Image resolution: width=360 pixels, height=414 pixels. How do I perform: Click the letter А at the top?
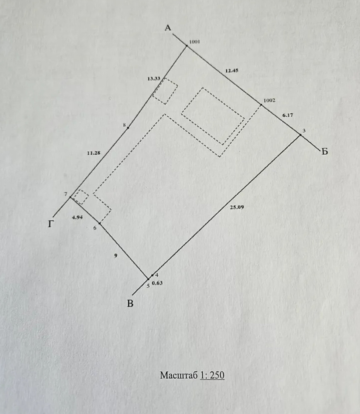click(x=168, y=28)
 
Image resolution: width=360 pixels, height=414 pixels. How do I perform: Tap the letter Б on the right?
click(x=325, y=152)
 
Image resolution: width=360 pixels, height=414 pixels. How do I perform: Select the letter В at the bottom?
click(x=130, y=303)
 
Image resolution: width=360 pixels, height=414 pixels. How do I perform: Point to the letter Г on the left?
click(x=51, y=224)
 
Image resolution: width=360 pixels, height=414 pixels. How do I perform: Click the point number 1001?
click(x=195, y=42)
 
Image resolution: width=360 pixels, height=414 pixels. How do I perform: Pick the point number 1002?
click(x=269, y=100)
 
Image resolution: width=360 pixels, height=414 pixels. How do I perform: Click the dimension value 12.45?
click(x=232, y=71)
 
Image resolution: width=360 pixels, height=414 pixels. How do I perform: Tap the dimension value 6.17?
click(x=287, y=115)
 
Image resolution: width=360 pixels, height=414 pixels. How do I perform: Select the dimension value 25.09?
click(x=237, y=207)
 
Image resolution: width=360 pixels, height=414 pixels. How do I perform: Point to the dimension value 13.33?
click(x=154, y=79)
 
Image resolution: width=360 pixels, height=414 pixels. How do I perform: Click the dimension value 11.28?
click(x=94, y=153)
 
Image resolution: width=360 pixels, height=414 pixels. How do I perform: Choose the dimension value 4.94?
click(x=77, y=217)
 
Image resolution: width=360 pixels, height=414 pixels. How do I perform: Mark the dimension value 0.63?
click(x=157, y=283)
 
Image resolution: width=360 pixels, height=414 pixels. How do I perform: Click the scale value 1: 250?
click(x=212, y=375)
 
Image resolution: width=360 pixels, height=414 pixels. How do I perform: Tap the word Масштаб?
click(x=179, y=375)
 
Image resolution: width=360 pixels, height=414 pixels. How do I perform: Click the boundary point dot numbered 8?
click(x=128, y=128)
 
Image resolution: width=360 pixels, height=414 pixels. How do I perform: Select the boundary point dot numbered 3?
click(x=300, y=135)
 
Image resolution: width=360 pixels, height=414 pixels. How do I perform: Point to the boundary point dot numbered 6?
click(x=100, y=224)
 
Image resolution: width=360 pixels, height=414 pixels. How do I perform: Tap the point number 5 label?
click(x=148, y=286)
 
